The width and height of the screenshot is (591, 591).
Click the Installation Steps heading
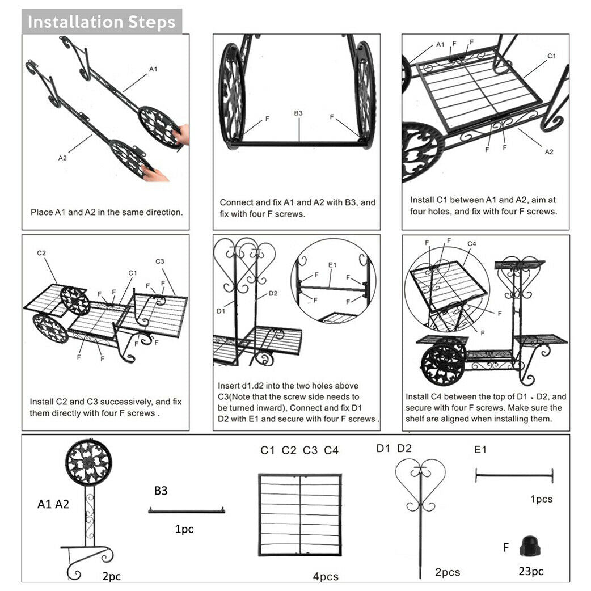click(x=102, y=22)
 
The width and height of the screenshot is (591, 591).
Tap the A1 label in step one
click(x=153, y=69)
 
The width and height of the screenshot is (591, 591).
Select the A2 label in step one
click(x=62, y=158)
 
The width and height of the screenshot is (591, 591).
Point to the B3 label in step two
click(x=298, y=113)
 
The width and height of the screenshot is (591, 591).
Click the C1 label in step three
click(x=551, y=56)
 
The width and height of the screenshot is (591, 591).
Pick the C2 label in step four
click(x=41, y=253)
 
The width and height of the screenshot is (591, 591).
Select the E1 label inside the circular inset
click(x=332, y=265)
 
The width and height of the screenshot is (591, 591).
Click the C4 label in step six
click(x=472, y=244)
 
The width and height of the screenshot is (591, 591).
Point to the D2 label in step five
click(x=273, y=293)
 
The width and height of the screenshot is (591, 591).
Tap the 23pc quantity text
click(x=531, y=571)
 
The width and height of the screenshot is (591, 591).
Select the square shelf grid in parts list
click(x=300, y=515)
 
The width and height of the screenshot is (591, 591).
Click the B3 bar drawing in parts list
click(x=187, y=510)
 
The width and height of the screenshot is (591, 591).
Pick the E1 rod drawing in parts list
click(x=514, y=476)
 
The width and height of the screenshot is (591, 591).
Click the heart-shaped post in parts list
click(x=420, y=505)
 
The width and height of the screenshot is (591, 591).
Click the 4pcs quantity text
click(x=326, y=576)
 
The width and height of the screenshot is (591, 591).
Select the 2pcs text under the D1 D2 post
click(x=448, y=572)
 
